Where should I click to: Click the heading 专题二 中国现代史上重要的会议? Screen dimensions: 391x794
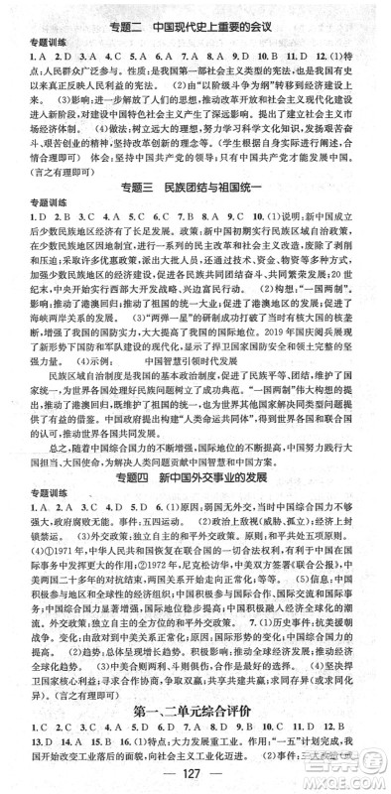pyautogui.click(x=195, y=11)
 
